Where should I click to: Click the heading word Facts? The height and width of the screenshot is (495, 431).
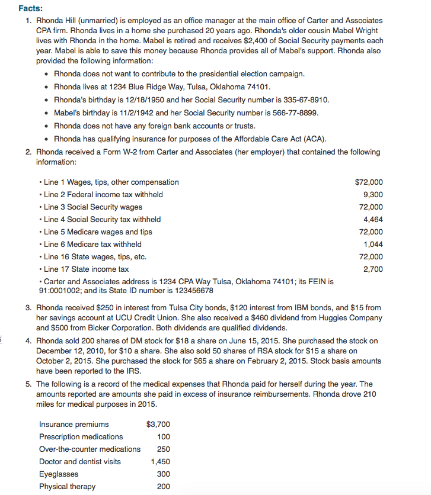(x=30, y=9)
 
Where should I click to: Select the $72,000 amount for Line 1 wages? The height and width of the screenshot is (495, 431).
(x=368, y=182)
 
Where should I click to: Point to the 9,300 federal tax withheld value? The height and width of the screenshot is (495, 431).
(x=373, y=195)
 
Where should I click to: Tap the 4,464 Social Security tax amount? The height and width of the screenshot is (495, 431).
(x=373, y=220)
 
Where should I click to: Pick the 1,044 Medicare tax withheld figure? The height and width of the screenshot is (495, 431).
(x=373, y=245)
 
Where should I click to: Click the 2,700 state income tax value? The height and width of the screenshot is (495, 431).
(x=373, y=269)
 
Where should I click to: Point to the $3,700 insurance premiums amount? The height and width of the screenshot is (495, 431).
(x=158, y=425)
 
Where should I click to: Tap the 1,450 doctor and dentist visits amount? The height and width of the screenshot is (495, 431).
(x=160, y=462)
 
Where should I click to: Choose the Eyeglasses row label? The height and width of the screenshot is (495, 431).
(x=58, y=474)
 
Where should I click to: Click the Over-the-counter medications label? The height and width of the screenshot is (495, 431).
(x=90, y=449)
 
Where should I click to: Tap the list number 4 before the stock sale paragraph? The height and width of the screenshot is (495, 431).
(x=28, y=341)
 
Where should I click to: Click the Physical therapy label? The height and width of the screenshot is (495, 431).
(x=67, y=487)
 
